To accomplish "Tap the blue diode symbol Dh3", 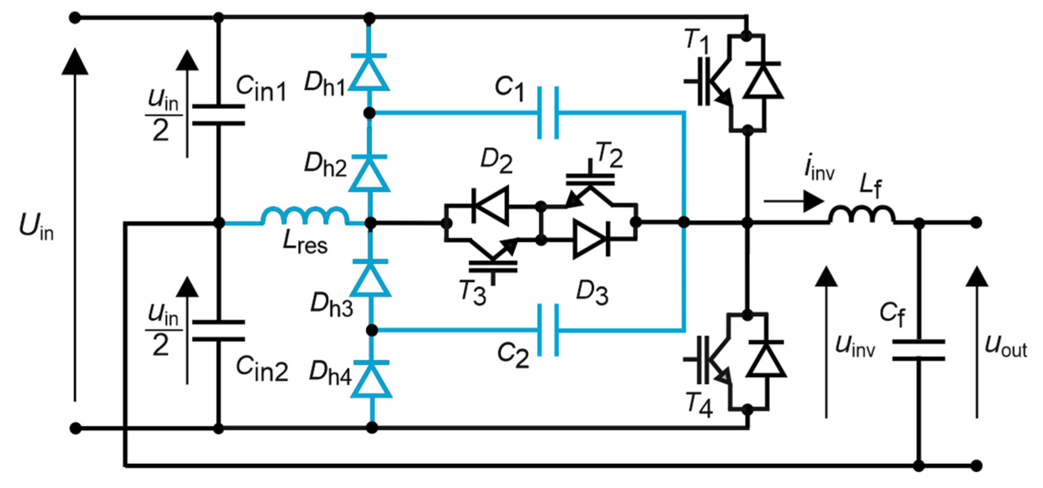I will coord(370,278).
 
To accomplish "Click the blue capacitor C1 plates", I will coord(548,112).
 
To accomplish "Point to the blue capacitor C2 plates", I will coord(548,330).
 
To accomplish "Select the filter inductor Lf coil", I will coord(862,215).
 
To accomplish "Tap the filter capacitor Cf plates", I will coord(918,350).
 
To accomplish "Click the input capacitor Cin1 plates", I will coord(218,115).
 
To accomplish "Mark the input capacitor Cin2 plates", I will coord(218,331).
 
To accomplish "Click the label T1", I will coord(696,41).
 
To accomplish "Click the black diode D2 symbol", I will coord(490,206).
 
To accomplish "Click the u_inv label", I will coord(854,346).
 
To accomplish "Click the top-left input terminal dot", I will coord(75,18).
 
